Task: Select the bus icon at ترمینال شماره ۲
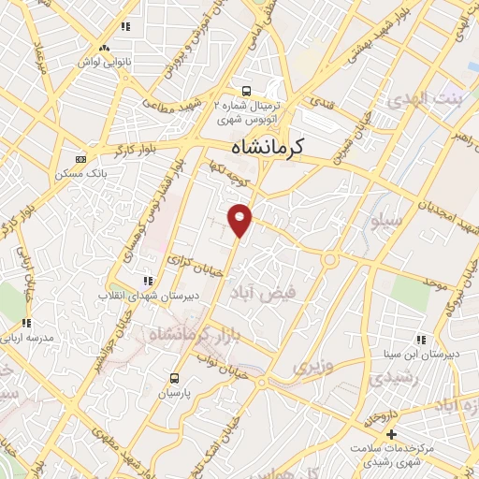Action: tap(245, 92)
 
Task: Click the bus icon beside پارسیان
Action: tap(174, 378)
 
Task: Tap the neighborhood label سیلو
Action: tap(387, 224)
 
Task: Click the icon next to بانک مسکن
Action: tap(80, 159)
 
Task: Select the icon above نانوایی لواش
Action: tap(104, 47)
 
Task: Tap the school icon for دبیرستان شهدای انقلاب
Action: tap(146, 280)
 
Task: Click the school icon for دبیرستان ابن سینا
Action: tap(420, 339)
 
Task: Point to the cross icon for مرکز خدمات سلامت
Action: tap(391, 434)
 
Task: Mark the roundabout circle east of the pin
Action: tap(329, 259)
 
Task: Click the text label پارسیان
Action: tap(174, 394)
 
